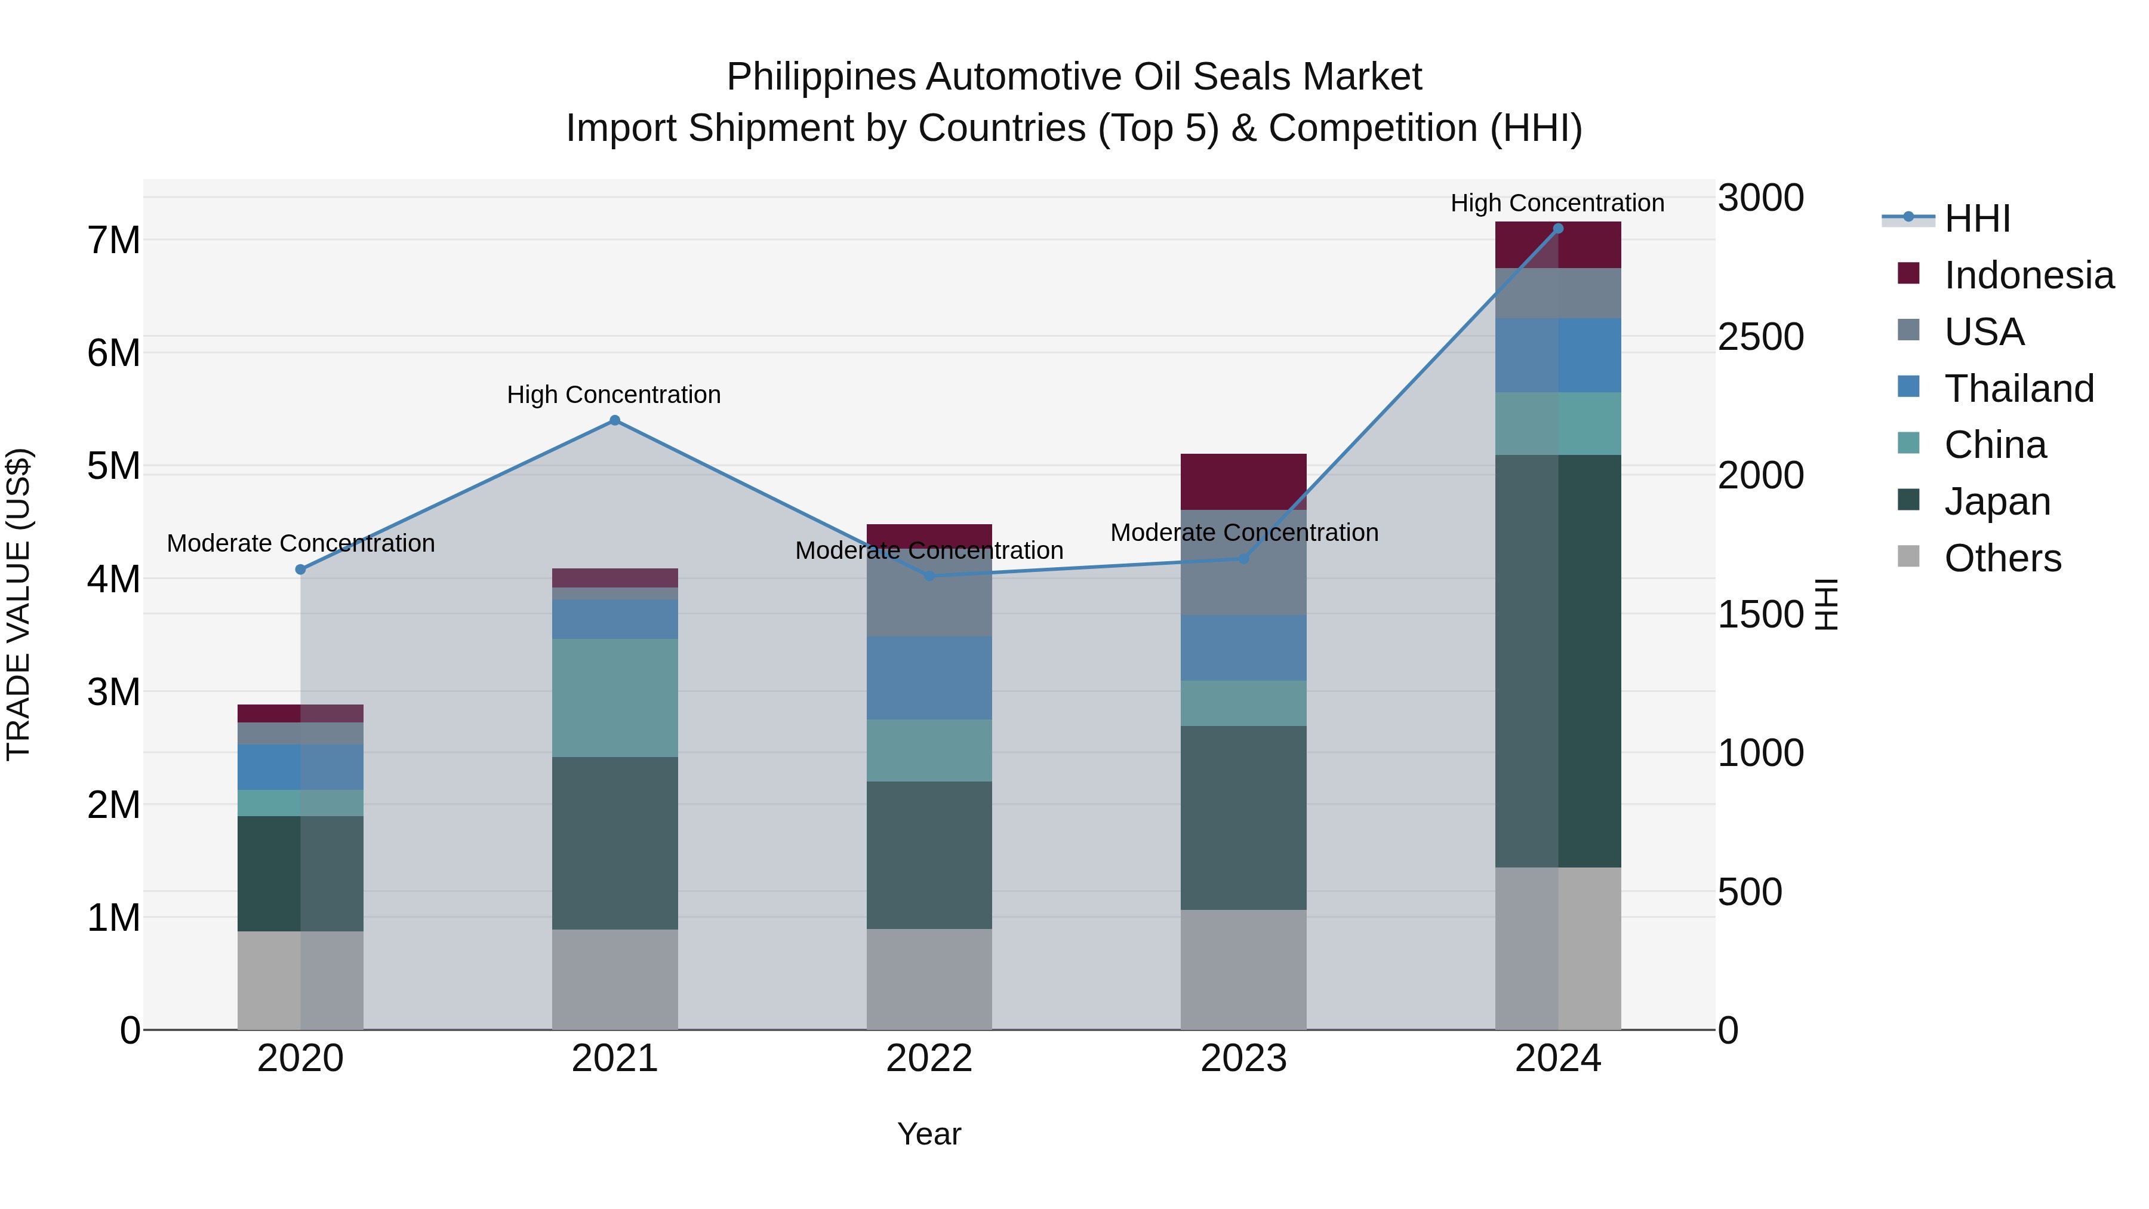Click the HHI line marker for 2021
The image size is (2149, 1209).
tap(615, 420)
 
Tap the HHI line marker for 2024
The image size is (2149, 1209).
tap(1557, 229)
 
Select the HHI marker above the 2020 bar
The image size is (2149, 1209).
tap(300, 570)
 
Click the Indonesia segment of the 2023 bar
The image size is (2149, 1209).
tap(1243, 481)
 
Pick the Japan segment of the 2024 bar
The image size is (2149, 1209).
tap(1557, 661)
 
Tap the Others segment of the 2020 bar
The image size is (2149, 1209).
tap(300, 980)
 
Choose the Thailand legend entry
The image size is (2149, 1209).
tap(2019, 389)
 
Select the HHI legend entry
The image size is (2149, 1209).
tap(1976, 219)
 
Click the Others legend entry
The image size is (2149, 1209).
tap(2002, 558)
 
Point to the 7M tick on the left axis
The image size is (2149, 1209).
tap(113, 240)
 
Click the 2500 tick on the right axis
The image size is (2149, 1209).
tap(1760, 337)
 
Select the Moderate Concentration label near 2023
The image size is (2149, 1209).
tap(1244, 533)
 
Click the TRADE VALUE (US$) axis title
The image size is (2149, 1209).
tap(19, 604)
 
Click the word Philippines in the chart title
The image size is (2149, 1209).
tap(821, 77)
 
